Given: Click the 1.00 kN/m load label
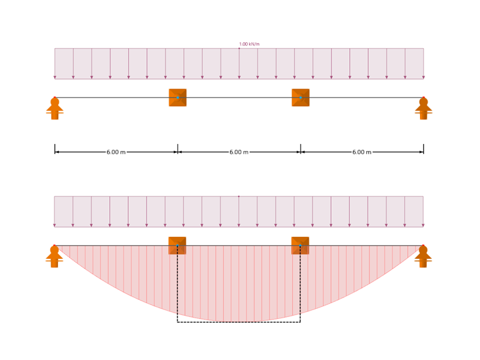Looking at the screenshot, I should click(249, 44).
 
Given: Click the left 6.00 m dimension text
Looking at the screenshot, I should click(116, 152).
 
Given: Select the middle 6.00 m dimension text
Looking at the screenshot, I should click(239, 152).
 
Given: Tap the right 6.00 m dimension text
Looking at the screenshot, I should click(362, 152).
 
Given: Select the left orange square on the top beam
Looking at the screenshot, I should click(177, 97).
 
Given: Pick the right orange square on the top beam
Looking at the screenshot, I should click(301, 97).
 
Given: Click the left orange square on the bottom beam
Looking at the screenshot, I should click(177, 245).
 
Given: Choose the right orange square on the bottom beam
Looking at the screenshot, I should click(300, 245).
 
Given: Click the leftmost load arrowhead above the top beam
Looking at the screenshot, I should click(55, 77).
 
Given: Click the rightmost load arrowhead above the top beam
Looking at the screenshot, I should click(423, 77).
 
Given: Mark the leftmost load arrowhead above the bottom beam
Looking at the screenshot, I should click(54, 225).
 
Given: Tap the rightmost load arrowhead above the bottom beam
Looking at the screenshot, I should click(423, 225).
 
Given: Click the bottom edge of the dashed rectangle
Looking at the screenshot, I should click(239, 322).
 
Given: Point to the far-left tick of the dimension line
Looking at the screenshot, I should click(55, 150).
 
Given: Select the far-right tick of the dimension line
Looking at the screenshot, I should click(423, 150).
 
